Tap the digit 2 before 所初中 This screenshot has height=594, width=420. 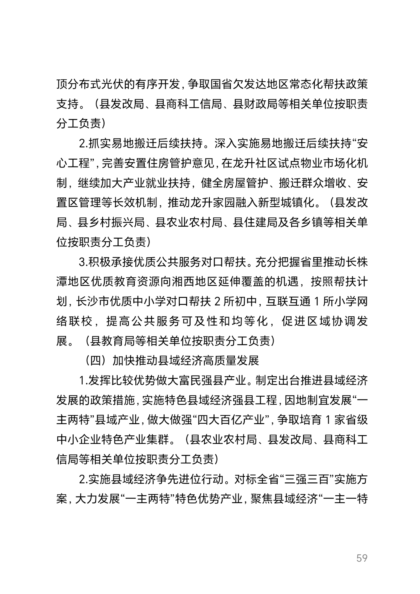point(218,302)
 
